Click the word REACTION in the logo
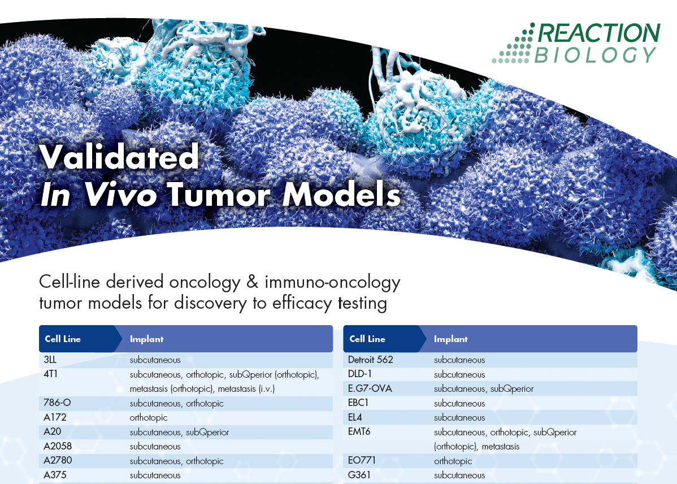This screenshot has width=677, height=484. pos(599,33)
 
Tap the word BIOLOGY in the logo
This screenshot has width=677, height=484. pos(596,55)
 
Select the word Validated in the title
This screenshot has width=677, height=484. pos(119,157)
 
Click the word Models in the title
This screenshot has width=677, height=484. pos(341,195)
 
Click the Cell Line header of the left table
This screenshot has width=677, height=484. pos(63,339)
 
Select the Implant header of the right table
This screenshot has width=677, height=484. pos(451,339)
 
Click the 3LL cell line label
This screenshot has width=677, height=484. pos(50,360)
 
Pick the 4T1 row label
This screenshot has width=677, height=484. pos(50,374)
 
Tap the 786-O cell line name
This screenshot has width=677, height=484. pos(57,403)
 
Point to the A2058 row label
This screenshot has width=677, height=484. pos(58,446)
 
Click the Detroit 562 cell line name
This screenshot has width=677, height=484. pos(371,360)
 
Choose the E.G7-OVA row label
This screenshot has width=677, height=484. pos(370,388)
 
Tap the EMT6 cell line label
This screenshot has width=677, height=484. pos(359,431)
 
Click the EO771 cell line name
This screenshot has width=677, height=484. pos(362,460)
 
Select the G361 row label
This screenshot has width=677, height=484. pos(359,475)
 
